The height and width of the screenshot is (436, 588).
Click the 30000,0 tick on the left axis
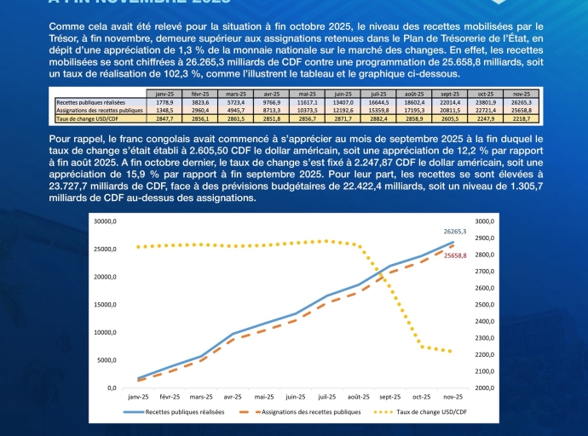pos(107,221)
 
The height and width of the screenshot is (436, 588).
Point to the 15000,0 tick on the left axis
pos(107,305)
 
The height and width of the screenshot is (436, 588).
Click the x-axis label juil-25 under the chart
pos(326,397)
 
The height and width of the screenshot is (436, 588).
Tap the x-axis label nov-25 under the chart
pos(452,397)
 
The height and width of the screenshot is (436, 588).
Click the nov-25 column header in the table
pos(520,94)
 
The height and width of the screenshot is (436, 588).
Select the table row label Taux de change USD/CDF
pos(88,118)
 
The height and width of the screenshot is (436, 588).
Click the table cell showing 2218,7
pos(521,118)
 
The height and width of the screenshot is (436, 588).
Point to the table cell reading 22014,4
pos(449,102)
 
